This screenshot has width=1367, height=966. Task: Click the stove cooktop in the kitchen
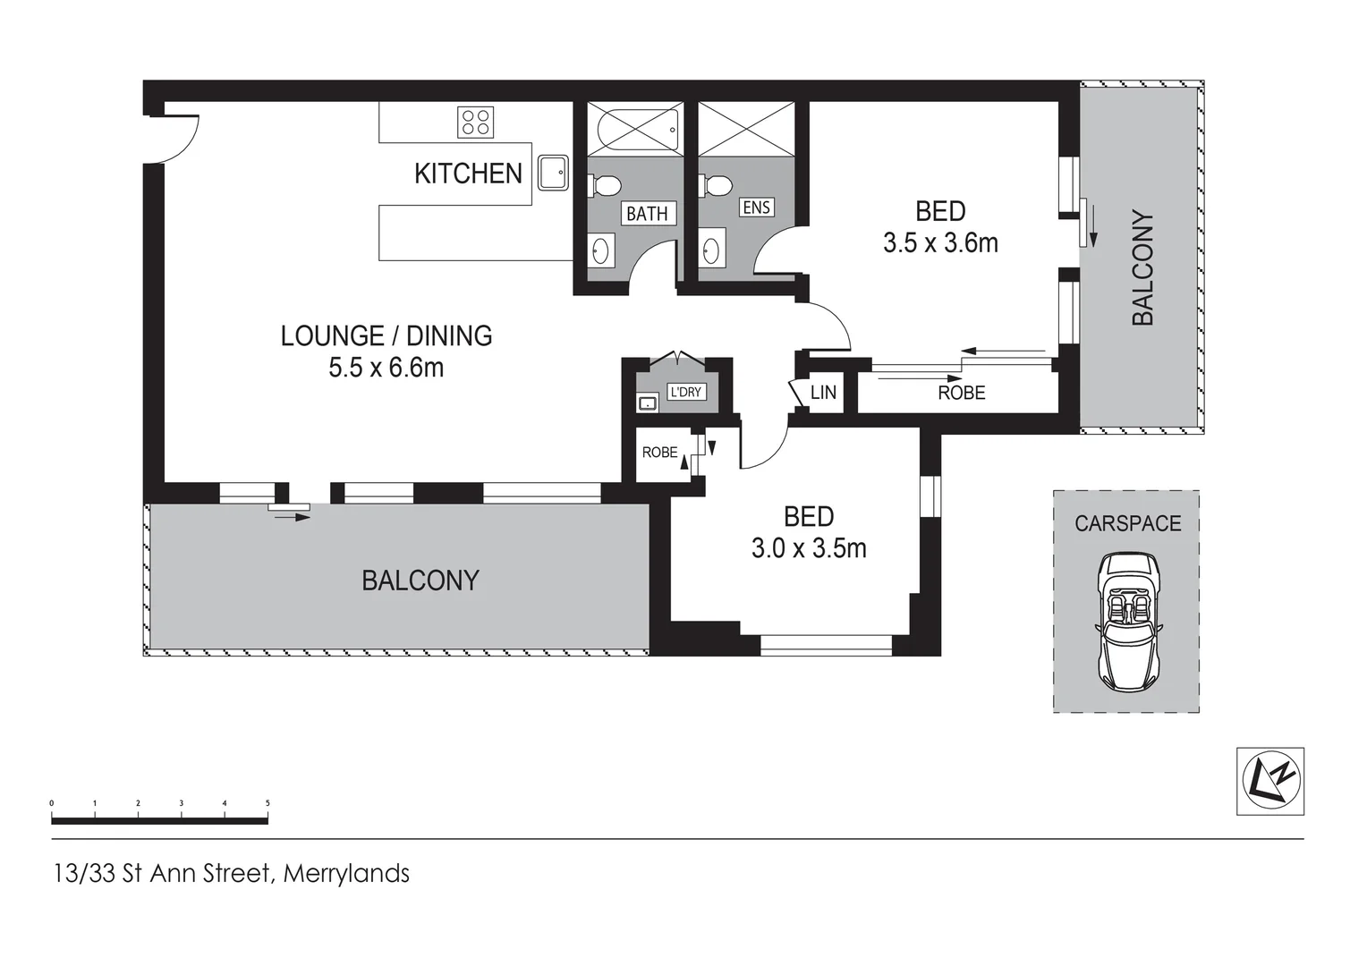pyautogui.click(x=475, y=122)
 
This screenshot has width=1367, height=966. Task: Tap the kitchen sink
pyautogui.click(x=553, y=173)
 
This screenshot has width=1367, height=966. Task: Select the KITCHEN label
pyautogui.click(x=468, y=174)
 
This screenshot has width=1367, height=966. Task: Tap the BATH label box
pyautogui.click(x=647, y=214)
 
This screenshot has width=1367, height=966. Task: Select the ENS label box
pyautogui.click(x=756, y=208)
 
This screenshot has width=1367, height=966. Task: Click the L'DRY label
pyautogui.click(x=686, y=392)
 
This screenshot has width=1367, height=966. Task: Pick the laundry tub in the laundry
pyautogui.click(x=648, y=403)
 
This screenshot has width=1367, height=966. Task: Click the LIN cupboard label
pyautogui.click(x=823, y=393)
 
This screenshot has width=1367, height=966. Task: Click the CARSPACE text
pyautogui.click(x=1127, y=523)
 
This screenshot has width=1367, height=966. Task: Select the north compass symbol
pyautogui.click(x=1269, y=781)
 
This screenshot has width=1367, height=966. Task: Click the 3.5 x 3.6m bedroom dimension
pyautogui.click(x=940, y=243)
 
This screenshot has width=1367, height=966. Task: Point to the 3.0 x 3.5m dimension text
pyautogui.click(x=809, y=548)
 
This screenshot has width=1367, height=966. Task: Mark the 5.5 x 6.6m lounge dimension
pyautogui.click(x=386, y=368)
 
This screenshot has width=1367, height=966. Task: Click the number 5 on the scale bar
pyautogui.click(x=267, y=803)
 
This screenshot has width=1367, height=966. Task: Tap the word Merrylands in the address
pyautogui.click(x=346, y=873)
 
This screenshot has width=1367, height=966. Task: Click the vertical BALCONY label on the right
pyautogui.click(x=1142, y=267)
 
